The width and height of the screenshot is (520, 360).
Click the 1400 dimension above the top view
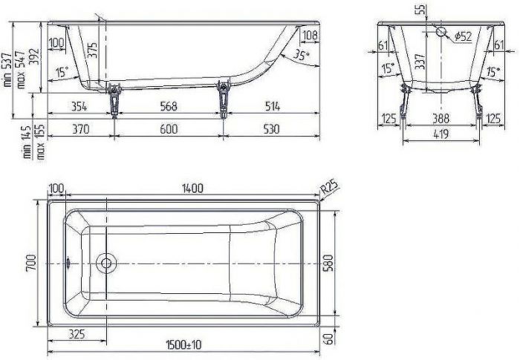pyautogui.click(x=192, y=189)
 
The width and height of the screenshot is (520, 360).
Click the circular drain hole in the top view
pyautogui.click(x=106, y=263)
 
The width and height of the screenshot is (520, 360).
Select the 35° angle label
pyautogui.click(x=300, y=56)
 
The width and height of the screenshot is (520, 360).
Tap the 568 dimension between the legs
pyautogui.click(x=169, y=106)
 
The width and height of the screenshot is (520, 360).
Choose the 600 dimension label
pyautogui.click(x=169, y=129)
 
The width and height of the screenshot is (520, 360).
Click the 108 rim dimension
pyautogui.click(x=311, y=36)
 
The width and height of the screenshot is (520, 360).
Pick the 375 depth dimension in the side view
pyautogui.click(x=91, y=50)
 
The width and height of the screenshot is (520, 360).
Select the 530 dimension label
pyautogui.click(x=271, y=129)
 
